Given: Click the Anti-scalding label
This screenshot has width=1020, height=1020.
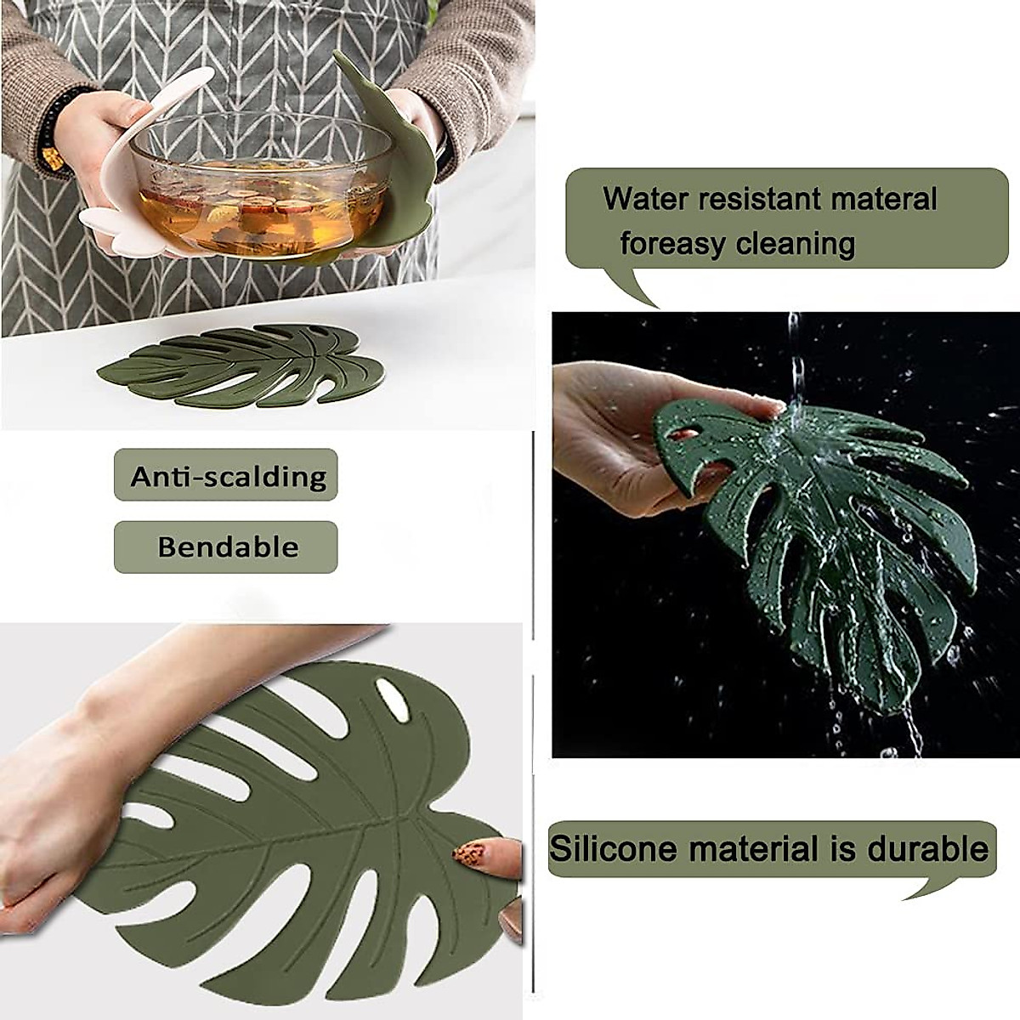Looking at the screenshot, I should point(227,476).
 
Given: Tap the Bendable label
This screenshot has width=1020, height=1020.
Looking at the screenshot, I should point(227,547).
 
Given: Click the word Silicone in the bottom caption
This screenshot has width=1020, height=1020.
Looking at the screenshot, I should point(611,848).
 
